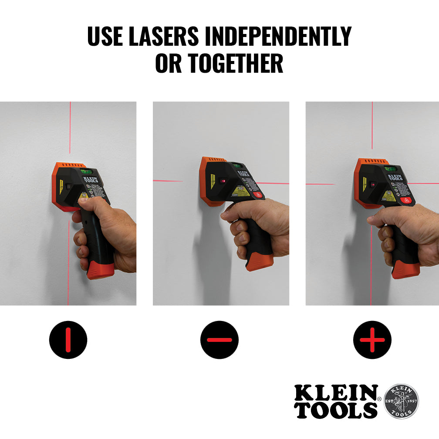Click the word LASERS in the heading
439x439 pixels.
pyautogui.click(x=164, y=37)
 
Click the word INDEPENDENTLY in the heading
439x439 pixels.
pyautogui.click(x=278, y=37)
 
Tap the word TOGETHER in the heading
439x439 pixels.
pyautogui.click(x=236, y=64)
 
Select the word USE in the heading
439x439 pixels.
pyautogui.click(x=105, y=37)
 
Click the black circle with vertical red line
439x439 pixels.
pyautogui.click(x=68, y=340)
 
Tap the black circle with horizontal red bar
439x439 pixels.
pyautogui.click(x=219, y=340)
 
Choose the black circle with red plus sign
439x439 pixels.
pyautogui.click(x=372, y=340)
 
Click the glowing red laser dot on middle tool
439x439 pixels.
pyautogui.click(x=223, y=180)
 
